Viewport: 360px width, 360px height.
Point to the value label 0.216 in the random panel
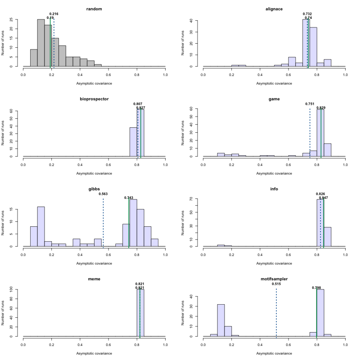coord(54,14)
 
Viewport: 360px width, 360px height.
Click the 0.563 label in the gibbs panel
coord(103,194)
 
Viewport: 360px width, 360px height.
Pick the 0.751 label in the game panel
coord(310,104)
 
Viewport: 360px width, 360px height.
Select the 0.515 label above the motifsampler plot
coord(276,284)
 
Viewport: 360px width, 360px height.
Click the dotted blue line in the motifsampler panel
coord(276,315)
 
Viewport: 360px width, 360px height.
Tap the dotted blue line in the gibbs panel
coord(103,225)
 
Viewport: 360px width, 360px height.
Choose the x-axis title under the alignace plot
coord(274,83)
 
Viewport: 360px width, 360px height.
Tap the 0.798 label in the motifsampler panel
coord(317,288)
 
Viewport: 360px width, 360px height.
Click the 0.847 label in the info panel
coord(324,198)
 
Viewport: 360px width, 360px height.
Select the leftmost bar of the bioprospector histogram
coord(133,142)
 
